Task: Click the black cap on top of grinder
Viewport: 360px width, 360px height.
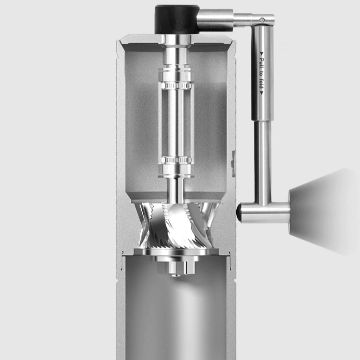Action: [177, 19]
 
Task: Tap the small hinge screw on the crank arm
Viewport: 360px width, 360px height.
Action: [262, 20]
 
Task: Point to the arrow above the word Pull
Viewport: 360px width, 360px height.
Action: [261, 54]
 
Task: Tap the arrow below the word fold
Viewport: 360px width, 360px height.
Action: [261, 93]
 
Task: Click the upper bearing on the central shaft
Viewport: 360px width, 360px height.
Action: [176, 85]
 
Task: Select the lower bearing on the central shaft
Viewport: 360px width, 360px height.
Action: [176, 160]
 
